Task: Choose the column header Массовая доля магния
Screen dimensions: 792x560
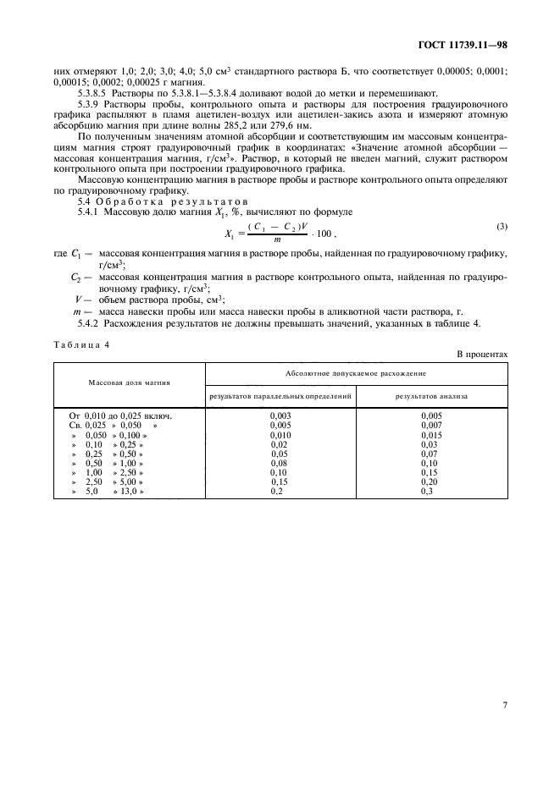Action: [x=130, y=382]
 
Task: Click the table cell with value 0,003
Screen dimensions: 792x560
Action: [x=280, y=416]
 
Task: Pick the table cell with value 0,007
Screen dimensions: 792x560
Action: [x=431, y=425]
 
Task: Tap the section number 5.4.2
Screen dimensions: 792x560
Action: [x=90, y=323]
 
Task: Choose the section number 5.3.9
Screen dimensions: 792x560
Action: [x=90, y=102]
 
